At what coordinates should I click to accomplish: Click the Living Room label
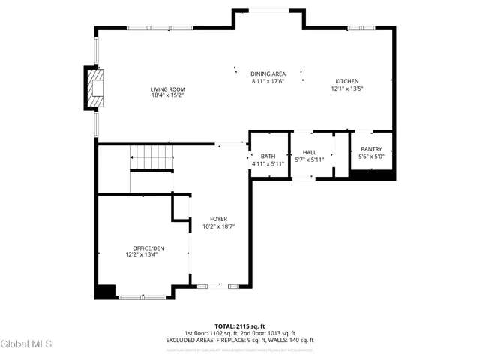(x=167, y=88)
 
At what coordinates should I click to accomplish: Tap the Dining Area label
(x=268, y=73)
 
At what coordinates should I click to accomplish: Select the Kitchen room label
(x=346, y=81)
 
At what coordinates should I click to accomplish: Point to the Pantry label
(x=372, y=150)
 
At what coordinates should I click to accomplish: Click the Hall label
(x=309, y=152)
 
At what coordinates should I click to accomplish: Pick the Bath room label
(x=268, y=156)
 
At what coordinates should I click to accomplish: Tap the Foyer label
(x=218, y=219)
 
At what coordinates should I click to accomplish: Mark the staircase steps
(x=154, y=158)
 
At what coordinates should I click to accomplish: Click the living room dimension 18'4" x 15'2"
(x=167, y=95)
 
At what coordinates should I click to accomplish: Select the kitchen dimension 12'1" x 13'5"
(x=346, y=88)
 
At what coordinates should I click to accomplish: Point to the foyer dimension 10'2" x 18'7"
(x=218, y=226)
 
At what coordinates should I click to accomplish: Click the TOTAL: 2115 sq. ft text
(x=239, y=326)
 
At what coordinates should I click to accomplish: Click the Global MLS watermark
(x=26, y=344)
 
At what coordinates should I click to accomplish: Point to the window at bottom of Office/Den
(x=142, y=297)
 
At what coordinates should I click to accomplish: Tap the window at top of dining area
(x=267, y=10)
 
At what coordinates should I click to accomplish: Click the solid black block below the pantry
(x=373, y=175)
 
